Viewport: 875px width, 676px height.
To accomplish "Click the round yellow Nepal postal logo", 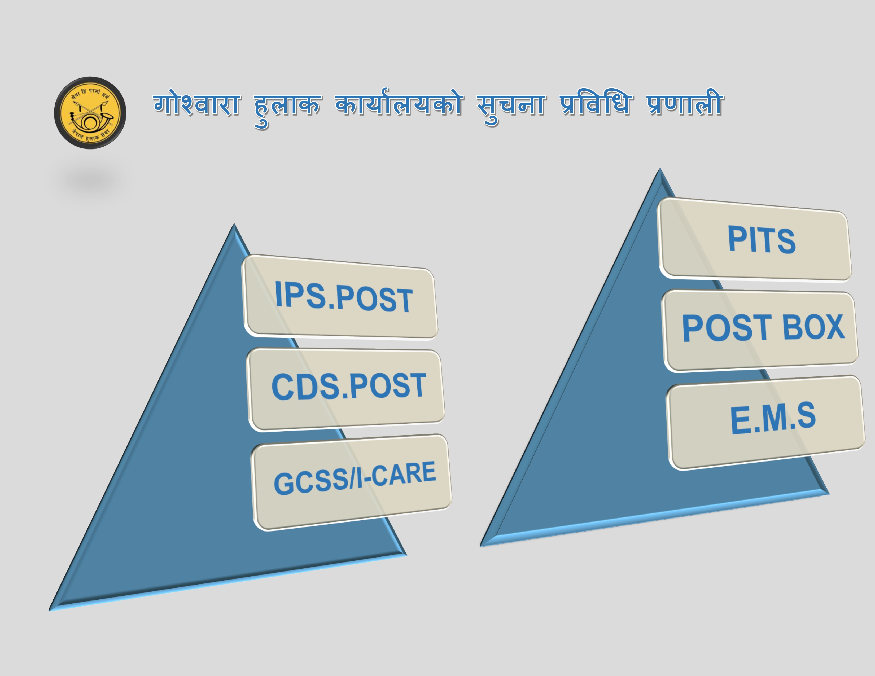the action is coord(90,113).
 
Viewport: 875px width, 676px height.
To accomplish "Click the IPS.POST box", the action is coord(340,297).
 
